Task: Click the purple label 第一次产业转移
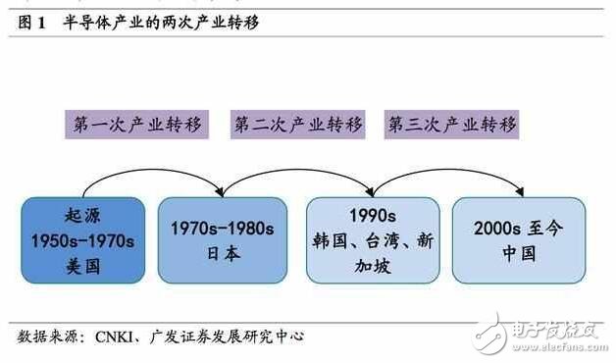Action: pos(137,125)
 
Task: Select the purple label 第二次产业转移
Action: pos(298,125)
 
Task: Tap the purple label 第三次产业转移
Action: pos(452,125)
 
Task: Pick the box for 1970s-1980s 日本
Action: pos(224,237)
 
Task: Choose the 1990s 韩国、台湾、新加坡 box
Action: pos(371,237)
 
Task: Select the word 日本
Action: pos(224,252)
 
